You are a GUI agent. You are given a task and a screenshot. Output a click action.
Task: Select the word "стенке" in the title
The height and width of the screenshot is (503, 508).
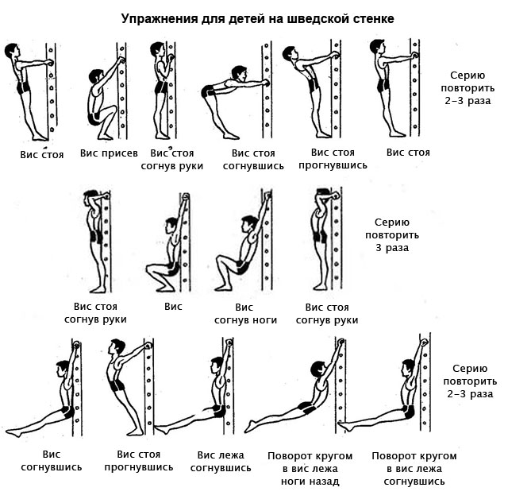(368, 17)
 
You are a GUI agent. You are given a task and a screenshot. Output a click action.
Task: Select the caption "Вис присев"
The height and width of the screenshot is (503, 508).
(109, 153)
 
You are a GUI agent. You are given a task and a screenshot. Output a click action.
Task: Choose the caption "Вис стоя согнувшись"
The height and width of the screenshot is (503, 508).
(252, 159)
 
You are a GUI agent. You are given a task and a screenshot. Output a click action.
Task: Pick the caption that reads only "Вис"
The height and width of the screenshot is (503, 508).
(173, 306)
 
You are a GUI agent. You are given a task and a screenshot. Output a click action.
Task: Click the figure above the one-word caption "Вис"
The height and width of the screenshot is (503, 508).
(171, 246)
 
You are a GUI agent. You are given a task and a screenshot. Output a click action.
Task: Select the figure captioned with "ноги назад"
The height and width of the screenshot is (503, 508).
(298, 397)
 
